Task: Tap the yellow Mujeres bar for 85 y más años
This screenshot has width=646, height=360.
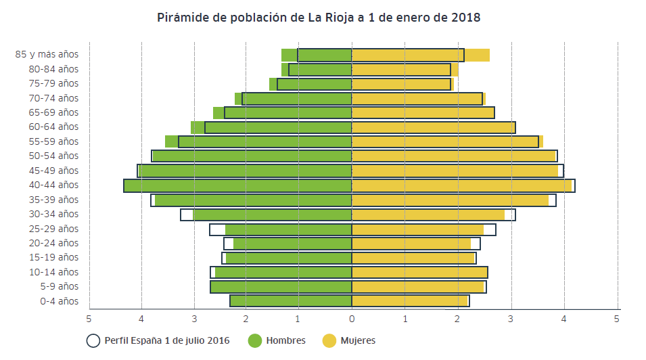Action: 420,55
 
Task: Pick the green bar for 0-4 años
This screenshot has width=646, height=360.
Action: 291,301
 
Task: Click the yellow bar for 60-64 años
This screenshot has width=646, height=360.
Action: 433,127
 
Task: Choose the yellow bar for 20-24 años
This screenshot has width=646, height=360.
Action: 411,244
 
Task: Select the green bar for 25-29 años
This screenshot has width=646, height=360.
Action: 289,229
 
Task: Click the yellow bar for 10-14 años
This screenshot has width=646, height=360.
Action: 419,272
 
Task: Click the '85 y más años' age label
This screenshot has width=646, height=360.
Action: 47,54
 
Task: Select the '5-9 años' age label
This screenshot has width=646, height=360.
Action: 60,287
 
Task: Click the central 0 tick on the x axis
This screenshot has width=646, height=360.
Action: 352,318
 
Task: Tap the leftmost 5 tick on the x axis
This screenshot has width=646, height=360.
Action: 89,318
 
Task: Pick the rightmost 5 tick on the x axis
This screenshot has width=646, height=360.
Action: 617,318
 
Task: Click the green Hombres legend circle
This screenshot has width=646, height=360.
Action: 255,341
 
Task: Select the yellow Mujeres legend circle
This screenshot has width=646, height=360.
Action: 329,341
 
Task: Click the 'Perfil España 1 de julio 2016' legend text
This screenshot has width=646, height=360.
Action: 167,341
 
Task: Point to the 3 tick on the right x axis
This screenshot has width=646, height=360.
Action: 511,318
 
